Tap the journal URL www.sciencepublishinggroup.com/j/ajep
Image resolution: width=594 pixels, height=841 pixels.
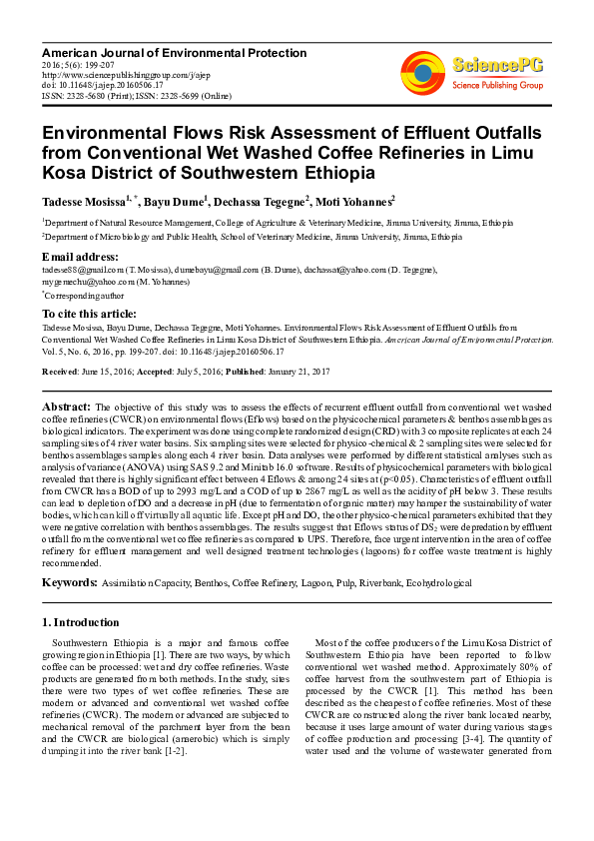click(x=113, y=74)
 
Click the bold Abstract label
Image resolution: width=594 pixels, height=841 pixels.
click(x=66, y=407)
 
